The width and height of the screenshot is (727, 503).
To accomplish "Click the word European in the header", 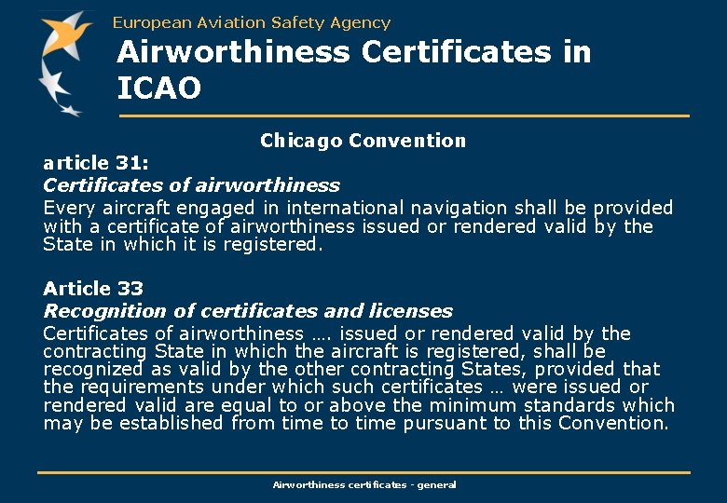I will click(x=146, y=22).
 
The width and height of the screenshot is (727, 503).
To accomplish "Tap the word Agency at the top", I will click(x=360, y=22).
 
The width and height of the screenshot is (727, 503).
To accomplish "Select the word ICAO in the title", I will click(x=158, y=88).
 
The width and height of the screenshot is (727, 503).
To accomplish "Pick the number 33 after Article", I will click(x=130, y=289).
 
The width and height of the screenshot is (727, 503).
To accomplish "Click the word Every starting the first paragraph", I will click(x=66, y=208).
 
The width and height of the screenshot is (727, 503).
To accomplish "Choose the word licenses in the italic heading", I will click(x=408, y=311).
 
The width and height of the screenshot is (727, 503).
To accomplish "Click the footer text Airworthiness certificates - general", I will click(x=363, y=484).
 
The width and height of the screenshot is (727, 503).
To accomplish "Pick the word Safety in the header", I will click(x=295, y=22).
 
